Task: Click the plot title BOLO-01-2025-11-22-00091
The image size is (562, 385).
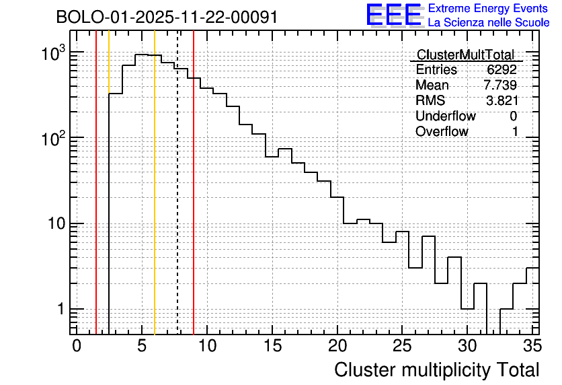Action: [167, 17]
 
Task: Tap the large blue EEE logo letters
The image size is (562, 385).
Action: [394, 15]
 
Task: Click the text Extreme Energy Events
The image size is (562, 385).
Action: [489, 9]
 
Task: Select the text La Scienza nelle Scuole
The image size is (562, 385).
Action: [489, 23]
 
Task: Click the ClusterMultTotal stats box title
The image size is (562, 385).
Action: [465, 55]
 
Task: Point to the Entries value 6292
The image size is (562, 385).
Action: [502, 70]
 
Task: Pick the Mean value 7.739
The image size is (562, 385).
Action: [500, 85]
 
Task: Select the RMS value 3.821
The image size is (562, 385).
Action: [501, 101]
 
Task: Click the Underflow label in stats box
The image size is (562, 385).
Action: [446, 116]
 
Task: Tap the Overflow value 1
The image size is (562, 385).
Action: [515, 132]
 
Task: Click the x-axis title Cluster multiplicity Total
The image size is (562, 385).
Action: [437, 370]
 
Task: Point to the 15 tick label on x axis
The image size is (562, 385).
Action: [272, 347]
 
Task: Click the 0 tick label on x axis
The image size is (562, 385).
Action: [77, 347]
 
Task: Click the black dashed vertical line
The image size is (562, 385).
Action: [177, 202]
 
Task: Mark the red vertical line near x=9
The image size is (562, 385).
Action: [194, 202]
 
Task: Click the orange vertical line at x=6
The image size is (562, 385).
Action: [155, 202]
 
